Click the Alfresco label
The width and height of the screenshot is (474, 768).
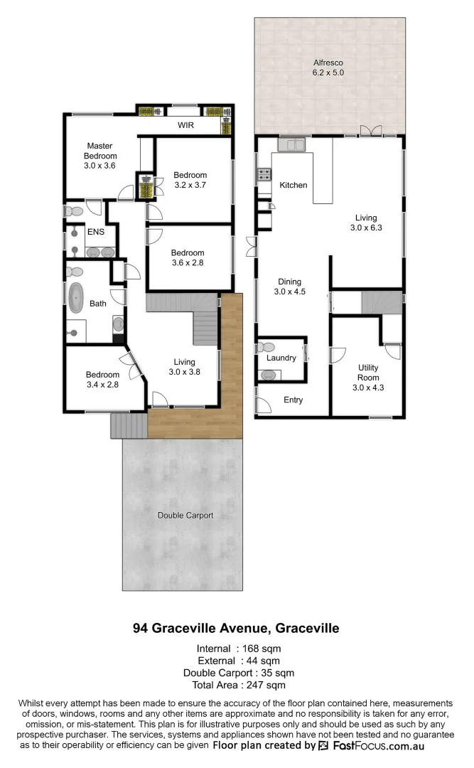[329, 67]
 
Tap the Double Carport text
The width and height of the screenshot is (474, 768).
[185, 515]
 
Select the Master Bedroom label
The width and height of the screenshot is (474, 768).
[99, 155]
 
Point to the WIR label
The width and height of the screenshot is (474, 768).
[187, 124]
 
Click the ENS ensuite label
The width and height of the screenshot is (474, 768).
[96, 231]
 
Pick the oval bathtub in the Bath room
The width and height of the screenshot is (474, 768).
[75, 299]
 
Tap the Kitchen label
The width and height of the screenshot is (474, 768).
[293, 185]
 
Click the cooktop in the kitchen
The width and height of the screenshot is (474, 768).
[264, 174]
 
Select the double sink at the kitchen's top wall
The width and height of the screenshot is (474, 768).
[291, 145]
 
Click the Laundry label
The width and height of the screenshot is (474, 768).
[281, 358]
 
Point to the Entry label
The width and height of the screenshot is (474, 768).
[293, 400]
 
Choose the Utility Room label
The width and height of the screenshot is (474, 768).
[367, 378]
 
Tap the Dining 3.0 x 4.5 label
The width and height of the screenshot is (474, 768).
[289, 286]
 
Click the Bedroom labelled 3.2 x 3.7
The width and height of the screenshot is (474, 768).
[190, 181]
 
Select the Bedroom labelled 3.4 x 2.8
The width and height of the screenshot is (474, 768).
[102, 380]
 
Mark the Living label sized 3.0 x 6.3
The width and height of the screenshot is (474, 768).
[367, 223]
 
